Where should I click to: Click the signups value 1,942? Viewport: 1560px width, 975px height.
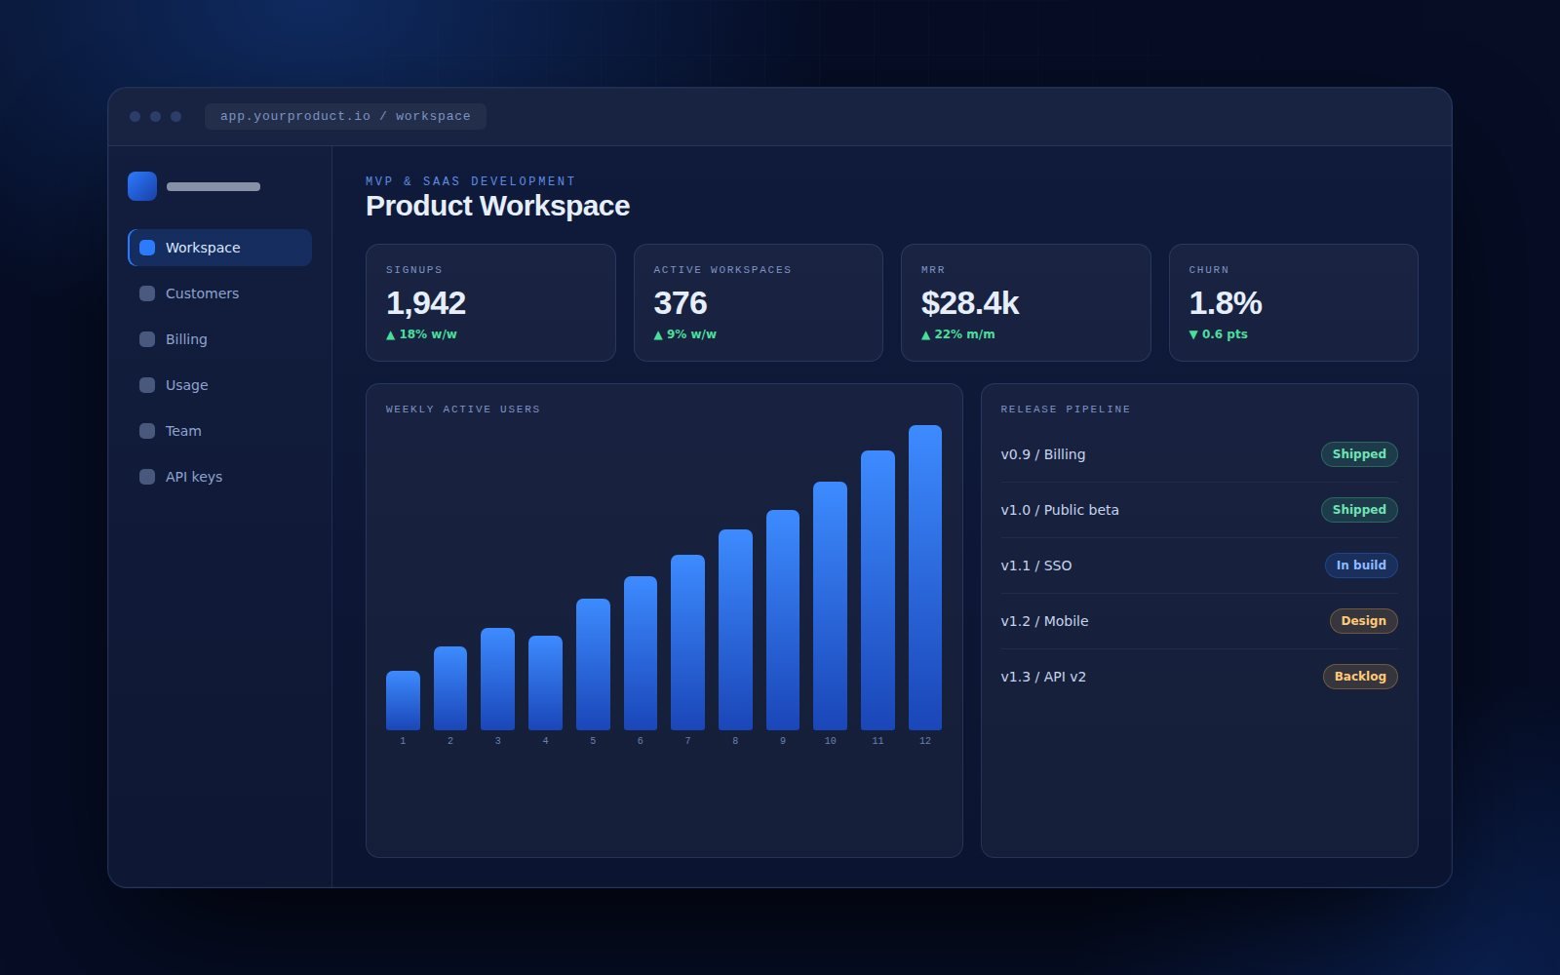425,303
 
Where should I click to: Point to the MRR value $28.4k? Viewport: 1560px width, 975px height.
969,303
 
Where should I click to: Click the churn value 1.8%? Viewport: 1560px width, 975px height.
1225,303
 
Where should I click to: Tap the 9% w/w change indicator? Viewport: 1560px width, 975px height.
684,334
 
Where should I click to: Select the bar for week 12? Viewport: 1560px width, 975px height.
925,577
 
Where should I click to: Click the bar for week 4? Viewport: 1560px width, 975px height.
545,682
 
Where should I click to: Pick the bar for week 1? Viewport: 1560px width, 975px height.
403,701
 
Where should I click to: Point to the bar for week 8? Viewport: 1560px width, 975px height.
735,630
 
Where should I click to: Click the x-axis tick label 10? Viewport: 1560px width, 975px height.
830,741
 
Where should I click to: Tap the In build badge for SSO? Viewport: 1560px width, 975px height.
1361,565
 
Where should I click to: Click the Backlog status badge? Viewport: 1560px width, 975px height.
1360,677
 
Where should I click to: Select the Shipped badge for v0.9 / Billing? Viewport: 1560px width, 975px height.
1359,454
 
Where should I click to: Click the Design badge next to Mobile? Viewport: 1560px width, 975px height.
1364,620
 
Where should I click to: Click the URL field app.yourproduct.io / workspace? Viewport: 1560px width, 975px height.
345,116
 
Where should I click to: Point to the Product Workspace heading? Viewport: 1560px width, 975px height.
497,206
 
